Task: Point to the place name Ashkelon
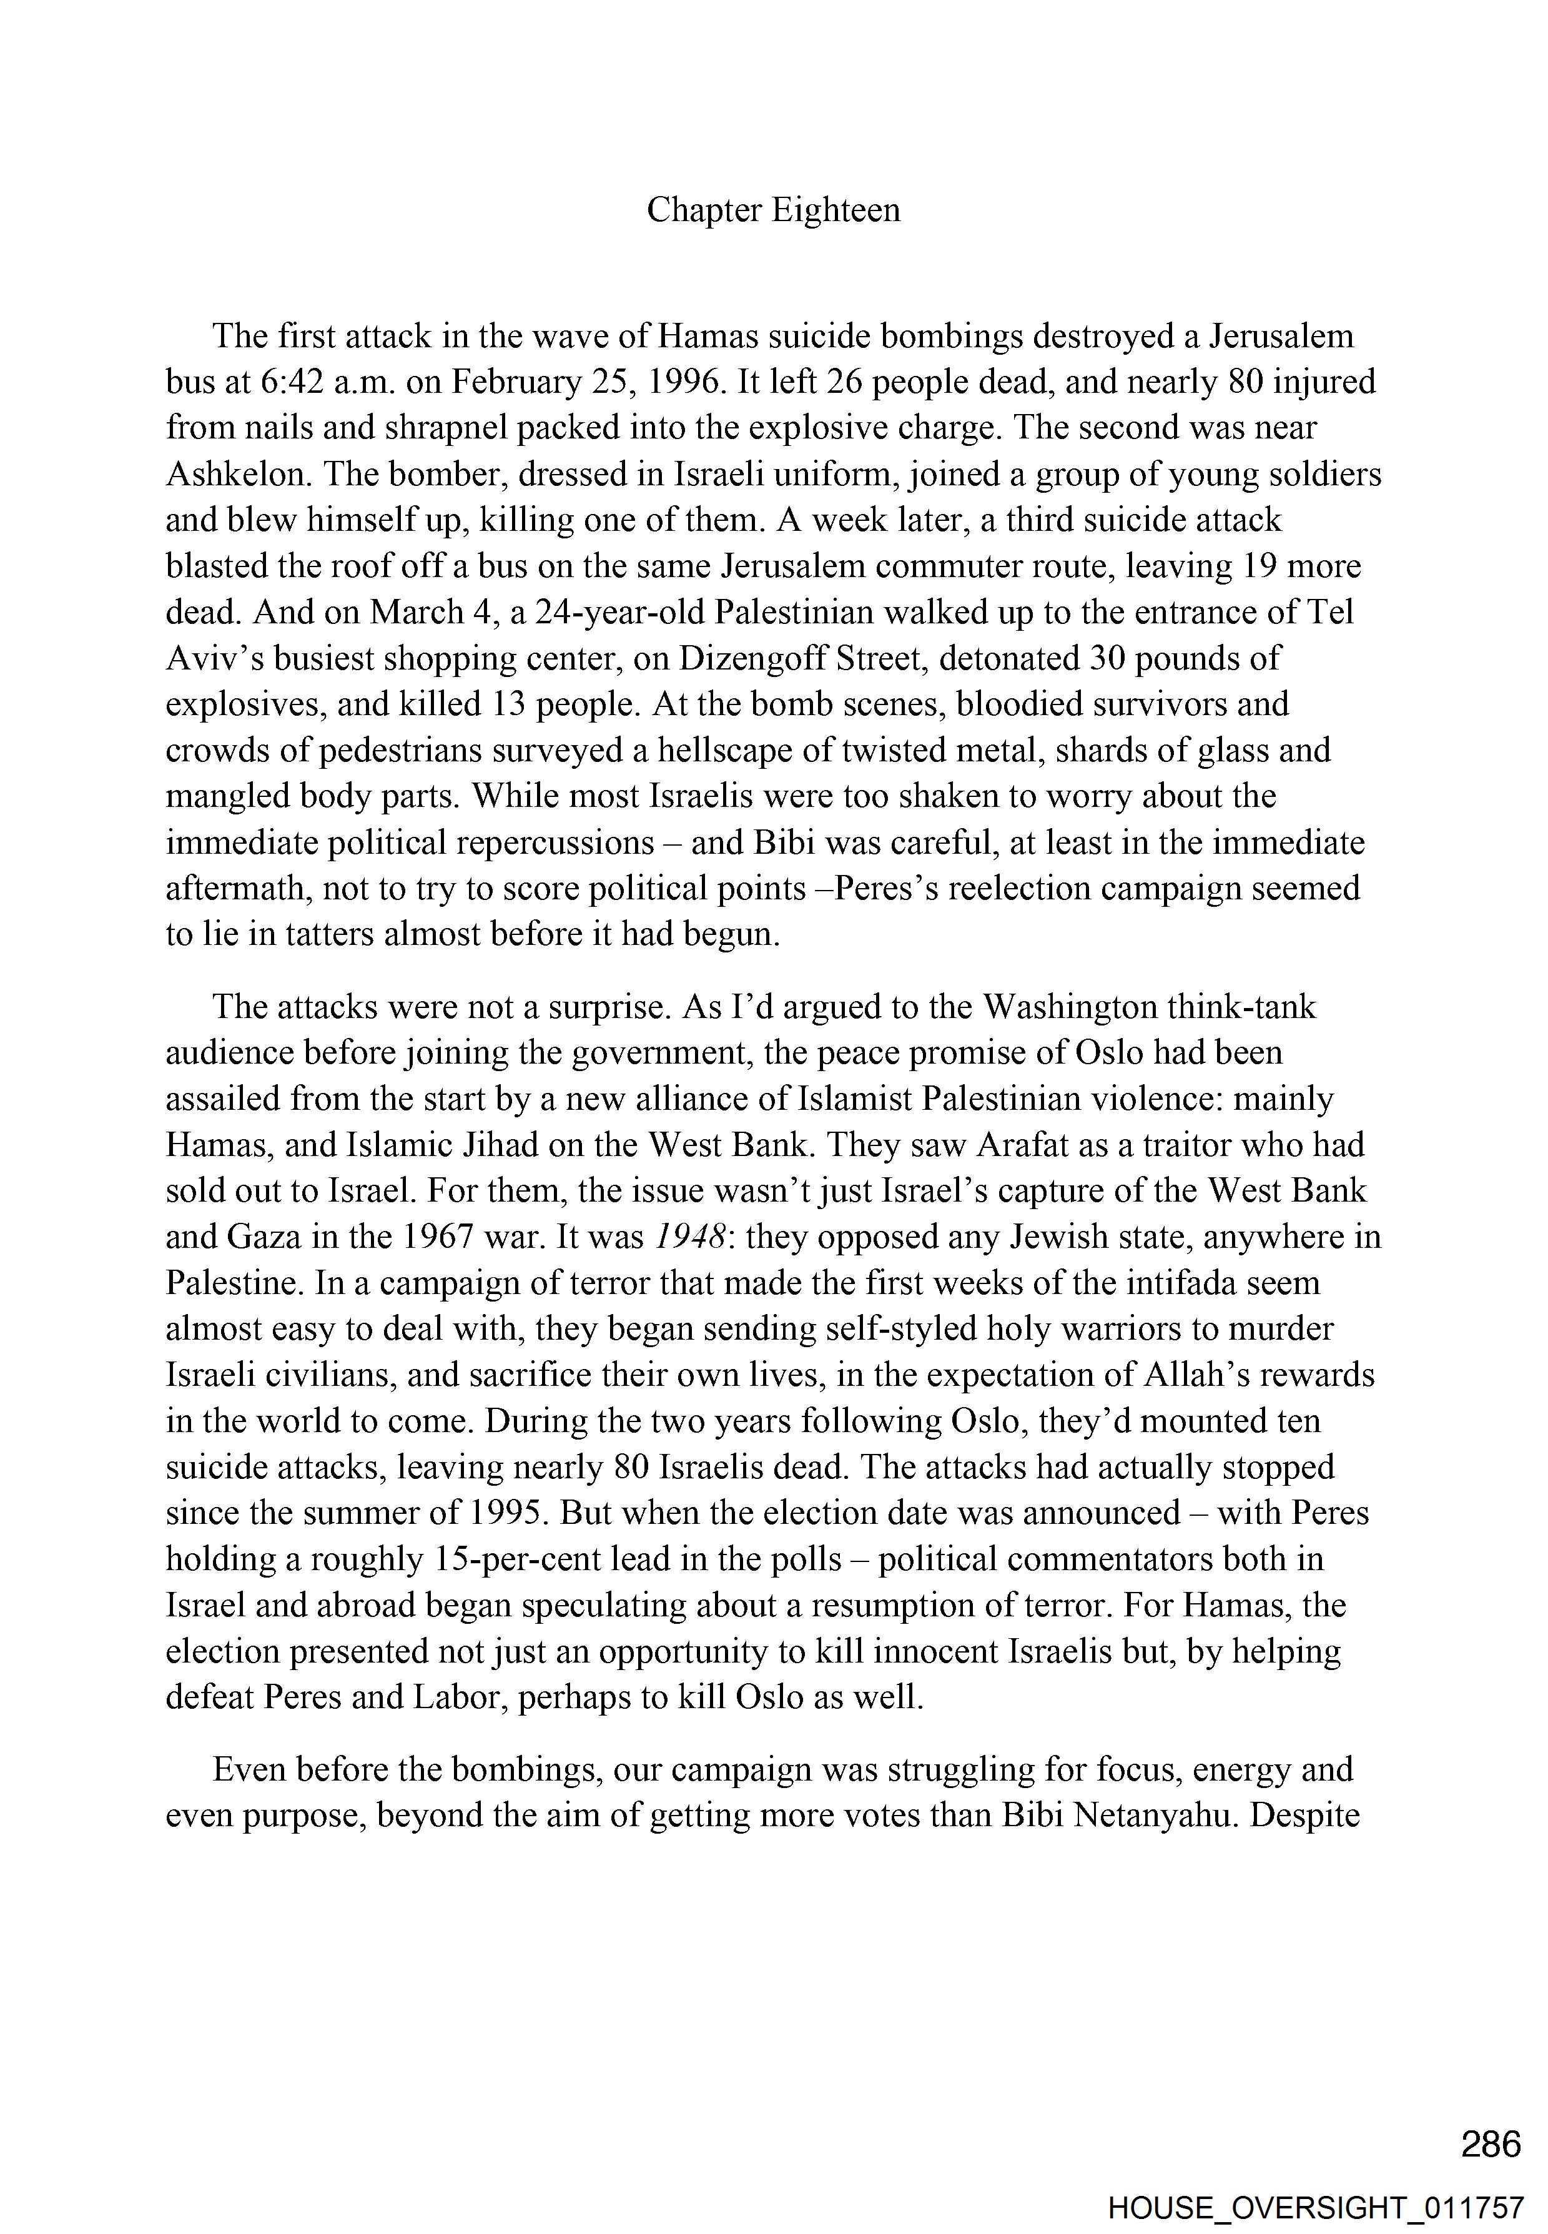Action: tap(235, 475)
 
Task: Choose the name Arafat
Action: tap(1023, 1145)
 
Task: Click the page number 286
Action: tap(1491, 2144)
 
